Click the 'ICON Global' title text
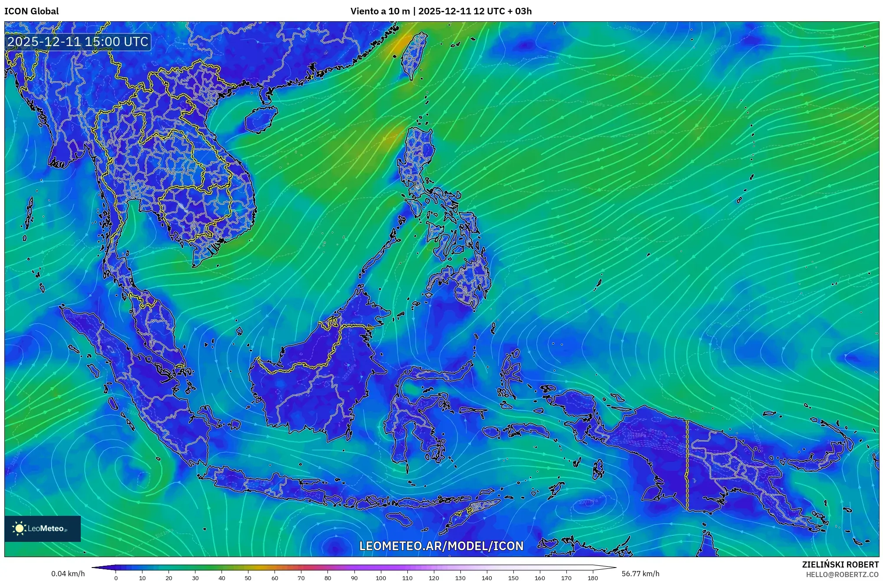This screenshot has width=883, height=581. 31,11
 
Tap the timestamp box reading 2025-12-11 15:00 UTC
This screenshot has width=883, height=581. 78,42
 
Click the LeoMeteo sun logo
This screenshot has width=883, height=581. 19,528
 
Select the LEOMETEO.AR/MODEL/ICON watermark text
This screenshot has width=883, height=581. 441,546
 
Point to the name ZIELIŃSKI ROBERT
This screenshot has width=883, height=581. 840,564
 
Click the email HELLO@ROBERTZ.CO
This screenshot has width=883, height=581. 842,574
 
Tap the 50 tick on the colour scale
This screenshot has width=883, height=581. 248,578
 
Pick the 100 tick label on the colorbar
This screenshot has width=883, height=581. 381,578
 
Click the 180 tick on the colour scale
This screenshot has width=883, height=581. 593,578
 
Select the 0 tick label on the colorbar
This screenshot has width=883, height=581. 116,578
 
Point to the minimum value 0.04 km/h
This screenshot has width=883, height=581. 68,574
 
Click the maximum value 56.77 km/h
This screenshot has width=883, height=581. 640,574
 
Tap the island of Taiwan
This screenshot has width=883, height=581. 413,56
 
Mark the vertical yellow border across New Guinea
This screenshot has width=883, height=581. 687,465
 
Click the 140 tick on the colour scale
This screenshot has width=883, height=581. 487,578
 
